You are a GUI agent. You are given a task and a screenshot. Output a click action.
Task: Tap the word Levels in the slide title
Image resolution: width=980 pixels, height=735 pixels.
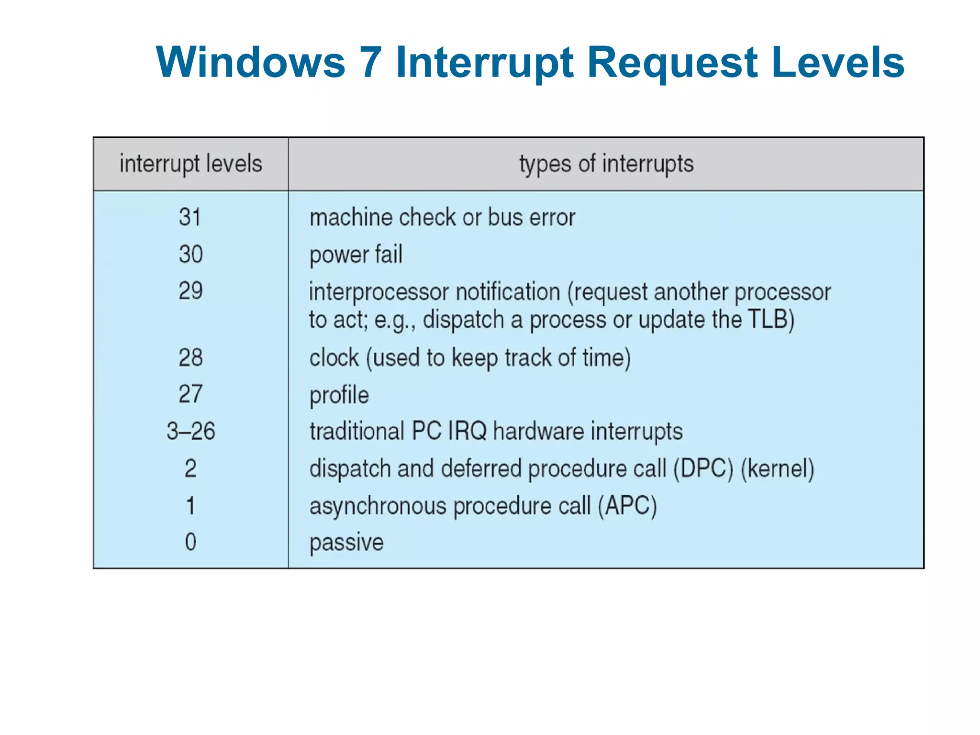838,62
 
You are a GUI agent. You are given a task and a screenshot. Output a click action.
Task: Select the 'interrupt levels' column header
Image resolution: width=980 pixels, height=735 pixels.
191,164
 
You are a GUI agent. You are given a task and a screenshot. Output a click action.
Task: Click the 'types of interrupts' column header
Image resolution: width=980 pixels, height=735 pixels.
606,164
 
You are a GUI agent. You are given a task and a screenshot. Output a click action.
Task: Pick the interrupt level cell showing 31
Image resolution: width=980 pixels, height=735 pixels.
190,217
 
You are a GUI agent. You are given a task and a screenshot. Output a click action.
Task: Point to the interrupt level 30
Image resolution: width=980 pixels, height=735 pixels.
190,254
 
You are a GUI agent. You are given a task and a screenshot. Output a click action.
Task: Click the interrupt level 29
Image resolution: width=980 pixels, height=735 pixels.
190,290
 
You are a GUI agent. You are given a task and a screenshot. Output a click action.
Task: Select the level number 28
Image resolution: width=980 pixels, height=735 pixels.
190,357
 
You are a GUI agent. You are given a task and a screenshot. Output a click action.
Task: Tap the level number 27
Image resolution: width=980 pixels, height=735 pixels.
190,394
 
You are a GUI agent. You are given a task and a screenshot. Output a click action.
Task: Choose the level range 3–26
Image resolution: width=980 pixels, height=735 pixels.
190,431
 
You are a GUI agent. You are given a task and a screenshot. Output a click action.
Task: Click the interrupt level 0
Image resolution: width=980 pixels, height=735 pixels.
190,542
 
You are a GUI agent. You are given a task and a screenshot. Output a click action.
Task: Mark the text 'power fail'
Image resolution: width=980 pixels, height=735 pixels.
356,254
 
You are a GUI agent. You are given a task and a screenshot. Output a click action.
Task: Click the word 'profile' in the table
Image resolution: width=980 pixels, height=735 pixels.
339,395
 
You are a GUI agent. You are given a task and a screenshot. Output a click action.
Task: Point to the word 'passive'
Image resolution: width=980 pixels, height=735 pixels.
346,543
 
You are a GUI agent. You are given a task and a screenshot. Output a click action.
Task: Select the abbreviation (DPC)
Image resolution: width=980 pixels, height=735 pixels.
703,468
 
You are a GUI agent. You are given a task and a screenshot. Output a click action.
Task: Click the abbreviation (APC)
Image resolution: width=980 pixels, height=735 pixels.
627,506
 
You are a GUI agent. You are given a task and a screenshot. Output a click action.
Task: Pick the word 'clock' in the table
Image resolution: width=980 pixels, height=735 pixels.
334,357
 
